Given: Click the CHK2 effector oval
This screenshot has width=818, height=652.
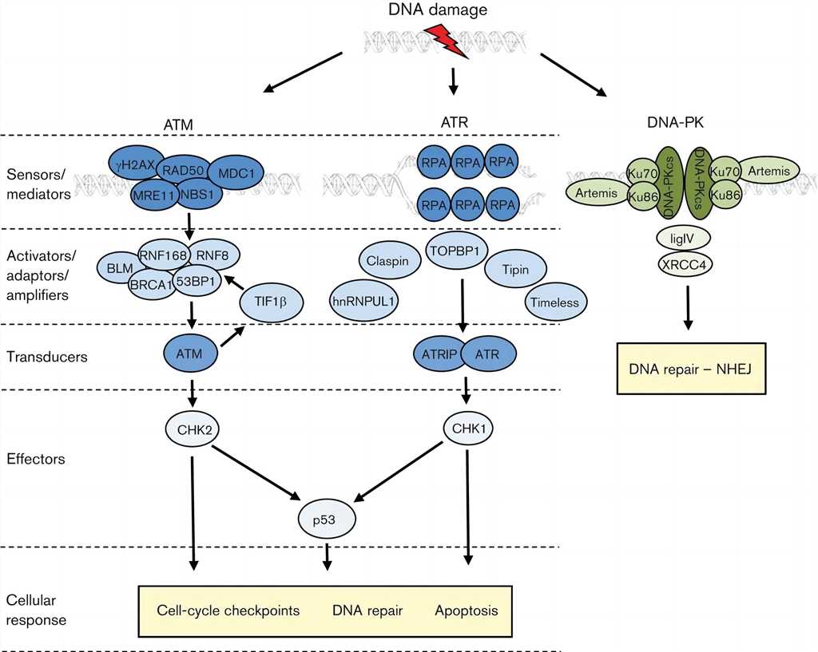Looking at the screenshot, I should [193, 429].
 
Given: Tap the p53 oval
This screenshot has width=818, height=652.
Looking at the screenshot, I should [324, 518].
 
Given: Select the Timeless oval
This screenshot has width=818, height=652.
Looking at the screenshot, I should [557, 302].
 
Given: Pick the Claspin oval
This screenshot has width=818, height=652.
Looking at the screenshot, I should [387, 261].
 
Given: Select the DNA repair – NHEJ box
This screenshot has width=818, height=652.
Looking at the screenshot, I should [691, 368].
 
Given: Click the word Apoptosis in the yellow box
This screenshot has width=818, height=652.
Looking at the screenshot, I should [467, 611].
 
